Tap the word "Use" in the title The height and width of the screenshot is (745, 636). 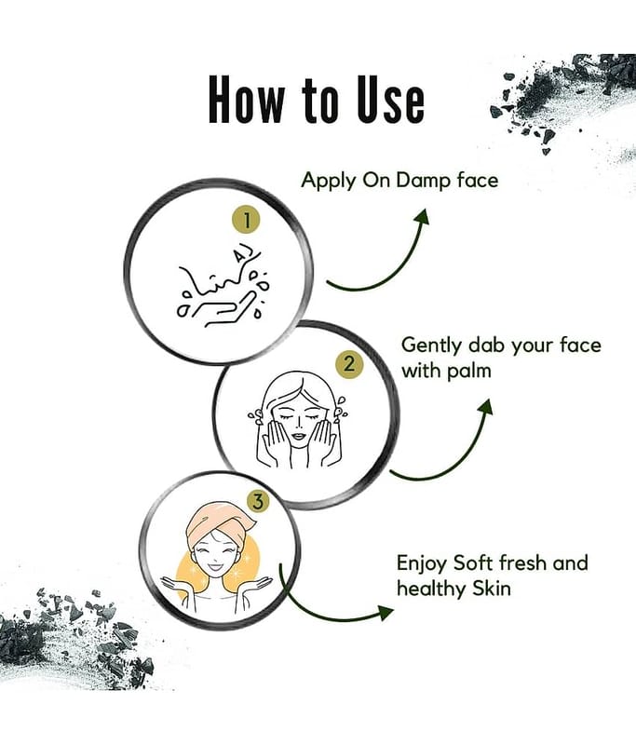pyautogui.click(x=390, y=100)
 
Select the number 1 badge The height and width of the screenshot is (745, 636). pyautogui.click(x=247, y=220)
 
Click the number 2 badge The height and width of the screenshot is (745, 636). pyautogui.click(x=349, y=365)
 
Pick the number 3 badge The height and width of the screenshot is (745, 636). pyautogui.click(x=257, y=502)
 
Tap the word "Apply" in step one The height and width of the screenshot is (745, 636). pyautogui.click(x=329, y=181)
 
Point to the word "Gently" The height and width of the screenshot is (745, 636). pyautogui.click(x=431, y=345)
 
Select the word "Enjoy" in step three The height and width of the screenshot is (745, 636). pyautogui.click(x=422, y=564)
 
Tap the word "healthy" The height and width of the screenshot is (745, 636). pyautogui.click(x=432, y=589)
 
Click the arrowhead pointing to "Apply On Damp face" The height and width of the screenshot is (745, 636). pyautogui.click(x=422, y=217)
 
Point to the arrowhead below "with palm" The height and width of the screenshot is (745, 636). pyautogui.click(x=485, y=407)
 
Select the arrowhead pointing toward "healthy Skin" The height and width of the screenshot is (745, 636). pyautogui.click(x=386, y=613)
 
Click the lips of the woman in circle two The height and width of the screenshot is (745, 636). pyautogui.click(x=298, y=435)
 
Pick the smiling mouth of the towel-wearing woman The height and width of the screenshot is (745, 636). pyautogui.click(x=214, y=567)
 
